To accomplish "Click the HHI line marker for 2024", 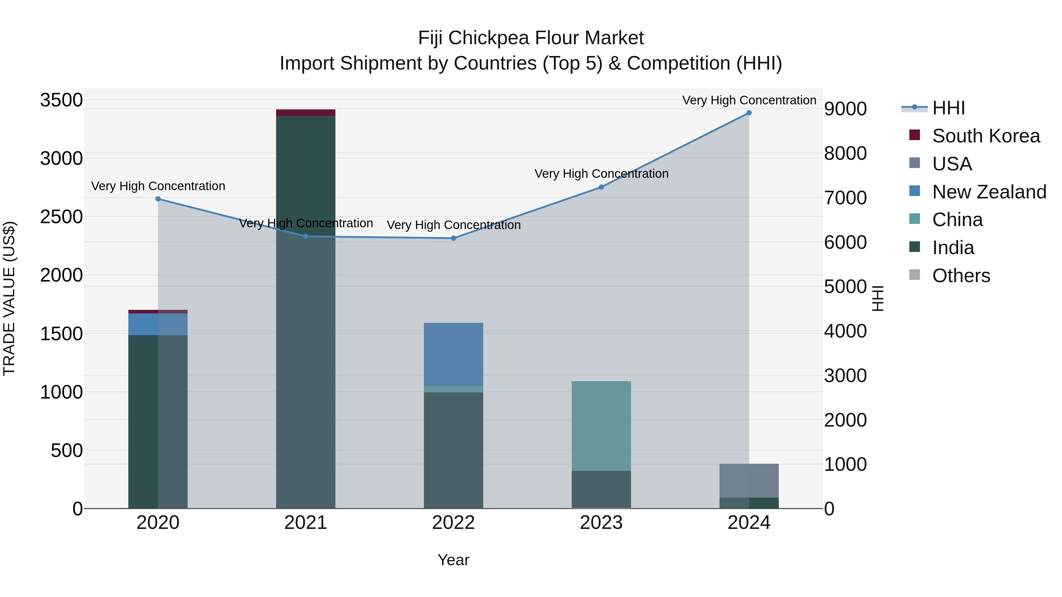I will tap(749, 113).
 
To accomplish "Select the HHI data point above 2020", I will tap(158, 199).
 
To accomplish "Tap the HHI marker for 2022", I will tap(453, 238).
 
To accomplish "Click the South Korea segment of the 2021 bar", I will tap(306, 113).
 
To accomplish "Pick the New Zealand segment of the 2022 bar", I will tap(453, 354).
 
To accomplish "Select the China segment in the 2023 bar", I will tap(601, 426).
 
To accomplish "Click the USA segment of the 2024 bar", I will tap(749, 481).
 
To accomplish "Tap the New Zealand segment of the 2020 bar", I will tap(158, 324).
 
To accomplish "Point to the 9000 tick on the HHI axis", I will tap(845, 109).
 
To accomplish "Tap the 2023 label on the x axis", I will tap(601, 523).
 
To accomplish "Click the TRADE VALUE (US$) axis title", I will tap(9, 298).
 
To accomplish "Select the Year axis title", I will tap(453, 560).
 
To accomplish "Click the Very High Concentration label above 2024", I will tap(749, 100).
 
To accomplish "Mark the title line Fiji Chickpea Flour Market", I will tap(531, 38).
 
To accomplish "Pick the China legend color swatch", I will tap(914, 219).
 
